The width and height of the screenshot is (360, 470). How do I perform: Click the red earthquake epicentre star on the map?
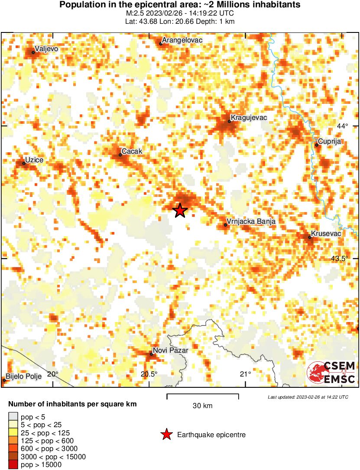180,210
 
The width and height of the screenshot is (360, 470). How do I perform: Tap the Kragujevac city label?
249,117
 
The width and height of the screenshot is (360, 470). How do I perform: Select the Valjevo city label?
46,49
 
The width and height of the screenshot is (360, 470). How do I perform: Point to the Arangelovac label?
182,40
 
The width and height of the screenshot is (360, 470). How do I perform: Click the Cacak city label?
132,151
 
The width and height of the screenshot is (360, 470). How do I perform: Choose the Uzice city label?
34,160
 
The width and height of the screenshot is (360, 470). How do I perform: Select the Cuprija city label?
330,141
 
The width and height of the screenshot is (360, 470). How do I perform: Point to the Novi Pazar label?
170,351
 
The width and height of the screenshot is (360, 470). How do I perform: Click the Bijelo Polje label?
24,376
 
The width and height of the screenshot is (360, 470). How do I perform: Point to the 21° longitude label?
246,374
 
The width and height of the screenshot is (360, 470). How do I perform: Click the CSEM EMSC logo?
331,373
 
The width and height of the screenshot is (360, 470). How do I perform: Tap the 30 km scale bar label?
202,406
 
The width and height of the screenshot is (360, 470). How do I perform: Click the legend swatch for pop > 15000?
14,465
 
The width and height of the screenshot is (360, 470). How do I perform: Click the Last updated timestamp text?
308,397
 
